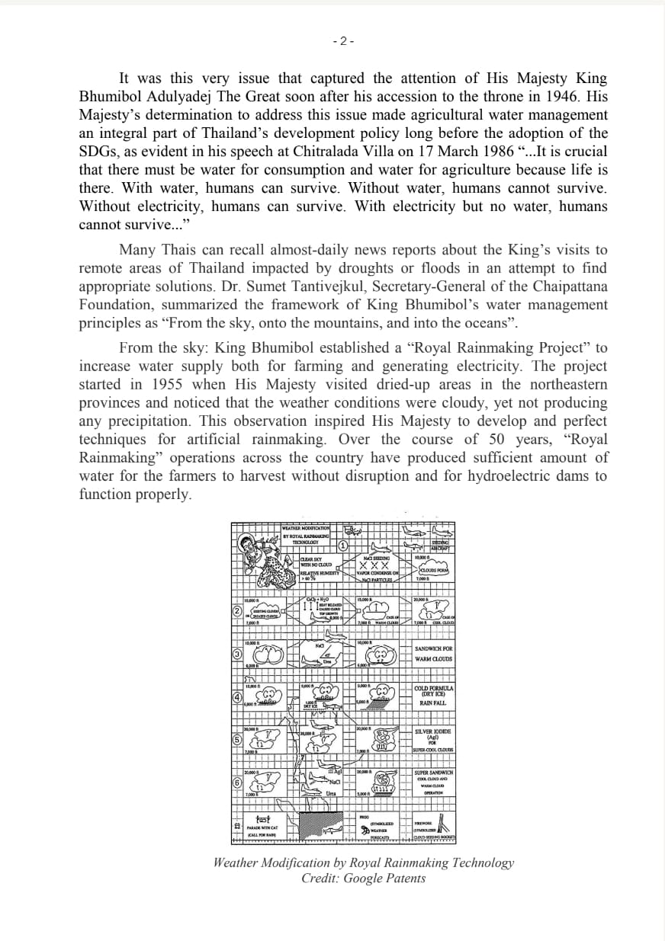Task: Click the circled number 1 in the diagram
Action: pyautogui.click(x=343, y=546)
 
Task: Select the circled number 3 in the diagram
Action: pyautogui.click(x=237, y=654)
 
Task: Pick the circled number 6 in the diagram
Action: pyautogui.click(x=237, y=783)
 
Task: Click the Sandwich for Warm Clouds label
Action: pyautogui.click(x=433, y=654)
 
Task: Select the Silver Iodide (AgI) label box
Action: pyautogui.click(x=433, y=739)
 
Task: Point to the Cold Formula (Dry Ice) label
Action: pyautogui.click(x=433, y=695)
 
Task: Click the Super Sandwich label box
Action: pyautogui.click(x=433, y=783)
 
